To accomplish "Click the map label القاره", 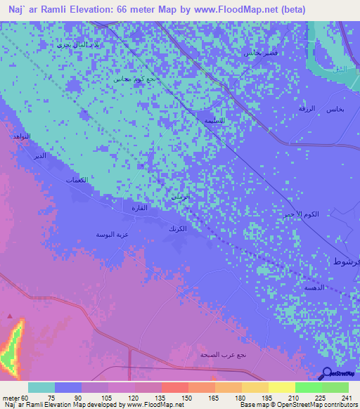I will pyautogui.click(x=136, y=207).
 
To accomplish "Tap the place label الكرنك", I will pyautogui.click(x=176, y=229).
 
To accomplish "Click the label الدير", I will pyautogui.click(x=41, y=155).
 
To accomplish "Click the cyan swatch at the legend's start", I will pyautogui.click(x=41, y=387).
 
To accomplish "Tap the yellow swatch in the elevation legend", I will pyautogui.click(x=281, y=387).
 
